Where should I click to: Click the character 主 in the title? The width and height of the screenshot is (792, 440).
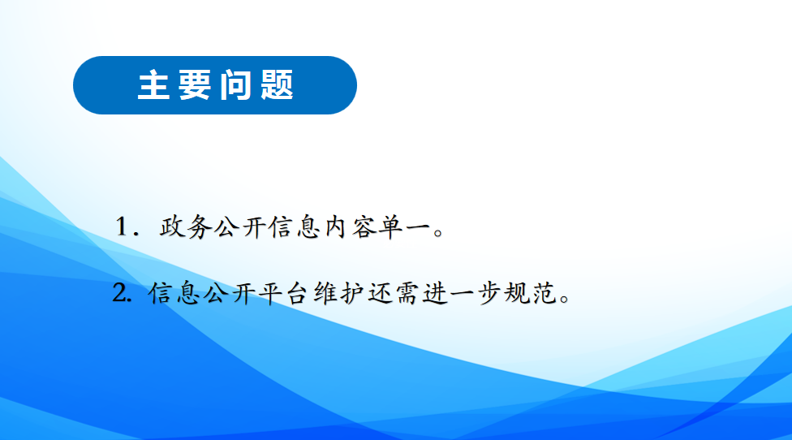coord(153,85)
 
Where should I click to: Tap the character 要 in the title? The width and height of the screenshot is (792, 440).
coord(195,85)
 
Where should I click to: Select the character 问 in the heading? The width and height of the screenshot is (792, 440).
coord(236,85)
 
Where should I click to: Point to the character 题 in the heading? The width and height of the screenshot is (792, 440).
coord(278,85)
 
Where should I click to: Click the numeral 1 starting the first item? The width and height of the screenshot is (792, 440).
coord(121,226)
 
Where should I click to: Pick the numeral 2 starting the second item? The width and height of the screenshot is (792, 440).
coord(121,293)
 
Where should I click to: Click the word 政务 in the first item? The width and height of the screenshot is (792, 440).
coord(185,226)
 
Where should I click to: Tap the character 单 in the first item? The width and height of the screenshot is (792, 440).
coord(390,226)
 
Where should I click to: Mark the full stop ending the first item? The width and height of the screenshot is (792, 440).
coord(438,232)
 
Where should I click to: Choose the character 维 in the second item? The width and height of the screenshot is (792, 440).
coord(325,293)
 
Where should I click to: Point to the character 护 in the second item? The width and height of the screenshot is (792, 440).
coord(353,293)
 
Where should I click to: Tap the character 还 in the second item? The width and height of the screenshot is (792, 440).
coord(381,293)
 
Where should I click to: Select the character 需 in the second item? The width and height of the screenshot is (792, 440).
coord(407,293)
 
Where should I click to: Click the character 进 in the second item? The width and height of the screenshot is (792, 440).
coord(434,293)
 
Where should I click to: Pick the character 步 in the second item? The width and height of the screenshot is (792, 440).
coord(489,293)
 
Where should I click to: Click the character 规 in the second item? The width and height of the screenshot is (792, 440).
coord(516,293)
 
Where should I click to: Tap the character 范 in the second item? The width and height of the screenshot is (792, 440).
coord(544,293)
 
